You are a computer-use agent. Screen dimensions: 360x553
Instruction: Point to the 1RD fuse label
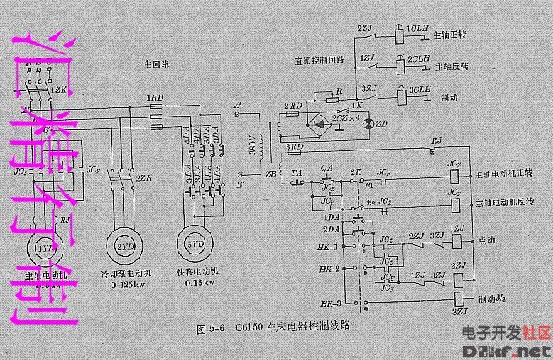(156, 98)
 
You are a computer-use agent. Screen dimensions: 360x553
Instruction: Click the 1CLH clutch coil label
(418, 29)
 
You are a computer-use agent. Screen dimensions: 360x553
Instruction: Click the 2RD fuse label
(293, 106)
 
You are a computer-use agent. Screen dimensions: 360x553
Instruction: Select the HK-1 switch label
(332, 247)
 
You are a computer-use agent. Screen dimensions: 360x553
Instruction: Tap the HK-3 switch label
(332, 302)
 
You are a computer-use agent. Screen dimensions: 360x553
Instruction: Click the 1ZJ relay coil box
(457, 242)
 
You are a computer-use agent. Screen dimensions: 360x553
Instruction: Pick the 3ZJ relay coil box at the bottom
(457, 298)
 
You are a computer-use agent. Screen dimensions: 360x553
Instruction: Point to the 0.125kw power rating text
(123, 284)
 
